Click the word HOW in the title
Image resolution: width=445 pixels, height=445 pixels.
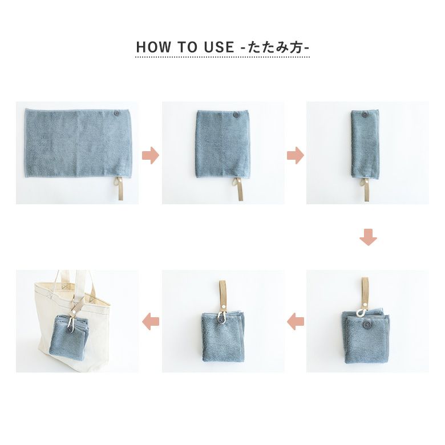coord(153,47)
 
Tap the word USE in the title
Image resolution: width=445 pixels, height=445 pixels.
coord(219,47)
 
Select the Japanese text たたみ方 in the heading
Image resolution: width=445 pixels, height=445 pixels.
coord(275,47)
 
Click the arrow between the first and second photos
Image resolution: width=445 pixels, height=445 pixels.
coord(151,156)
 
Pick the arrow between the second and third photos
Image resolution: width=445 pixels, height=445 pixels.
coord(296,156)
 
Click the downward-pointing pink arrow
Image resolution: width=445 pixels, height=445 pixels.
coord(368,237)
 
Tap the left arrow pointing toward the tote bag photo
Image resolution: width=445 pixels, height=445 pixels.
coord(151,322)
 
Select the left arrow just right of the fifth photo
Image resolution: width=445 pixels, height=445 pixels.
coord(296,322)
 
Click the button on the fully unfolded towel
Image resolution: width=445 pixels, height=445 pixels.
coord(116,114)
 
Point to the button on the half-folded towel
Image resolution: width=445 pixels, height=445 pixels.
coord(235,115)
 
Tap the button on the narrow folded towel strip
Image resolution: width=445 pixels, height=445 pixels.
coord(364,115)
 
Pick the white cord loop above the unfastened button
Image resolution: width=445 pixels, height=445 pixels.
coord(360,313)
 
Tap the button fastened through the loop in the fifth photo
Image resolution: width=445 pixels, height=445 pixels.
coord(221,321)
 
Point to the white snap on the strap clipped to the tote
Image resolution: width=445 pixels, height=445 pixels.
coord(74,311)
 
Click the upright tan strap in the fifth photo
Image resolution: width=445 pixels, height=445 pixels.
coord(222,297)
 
